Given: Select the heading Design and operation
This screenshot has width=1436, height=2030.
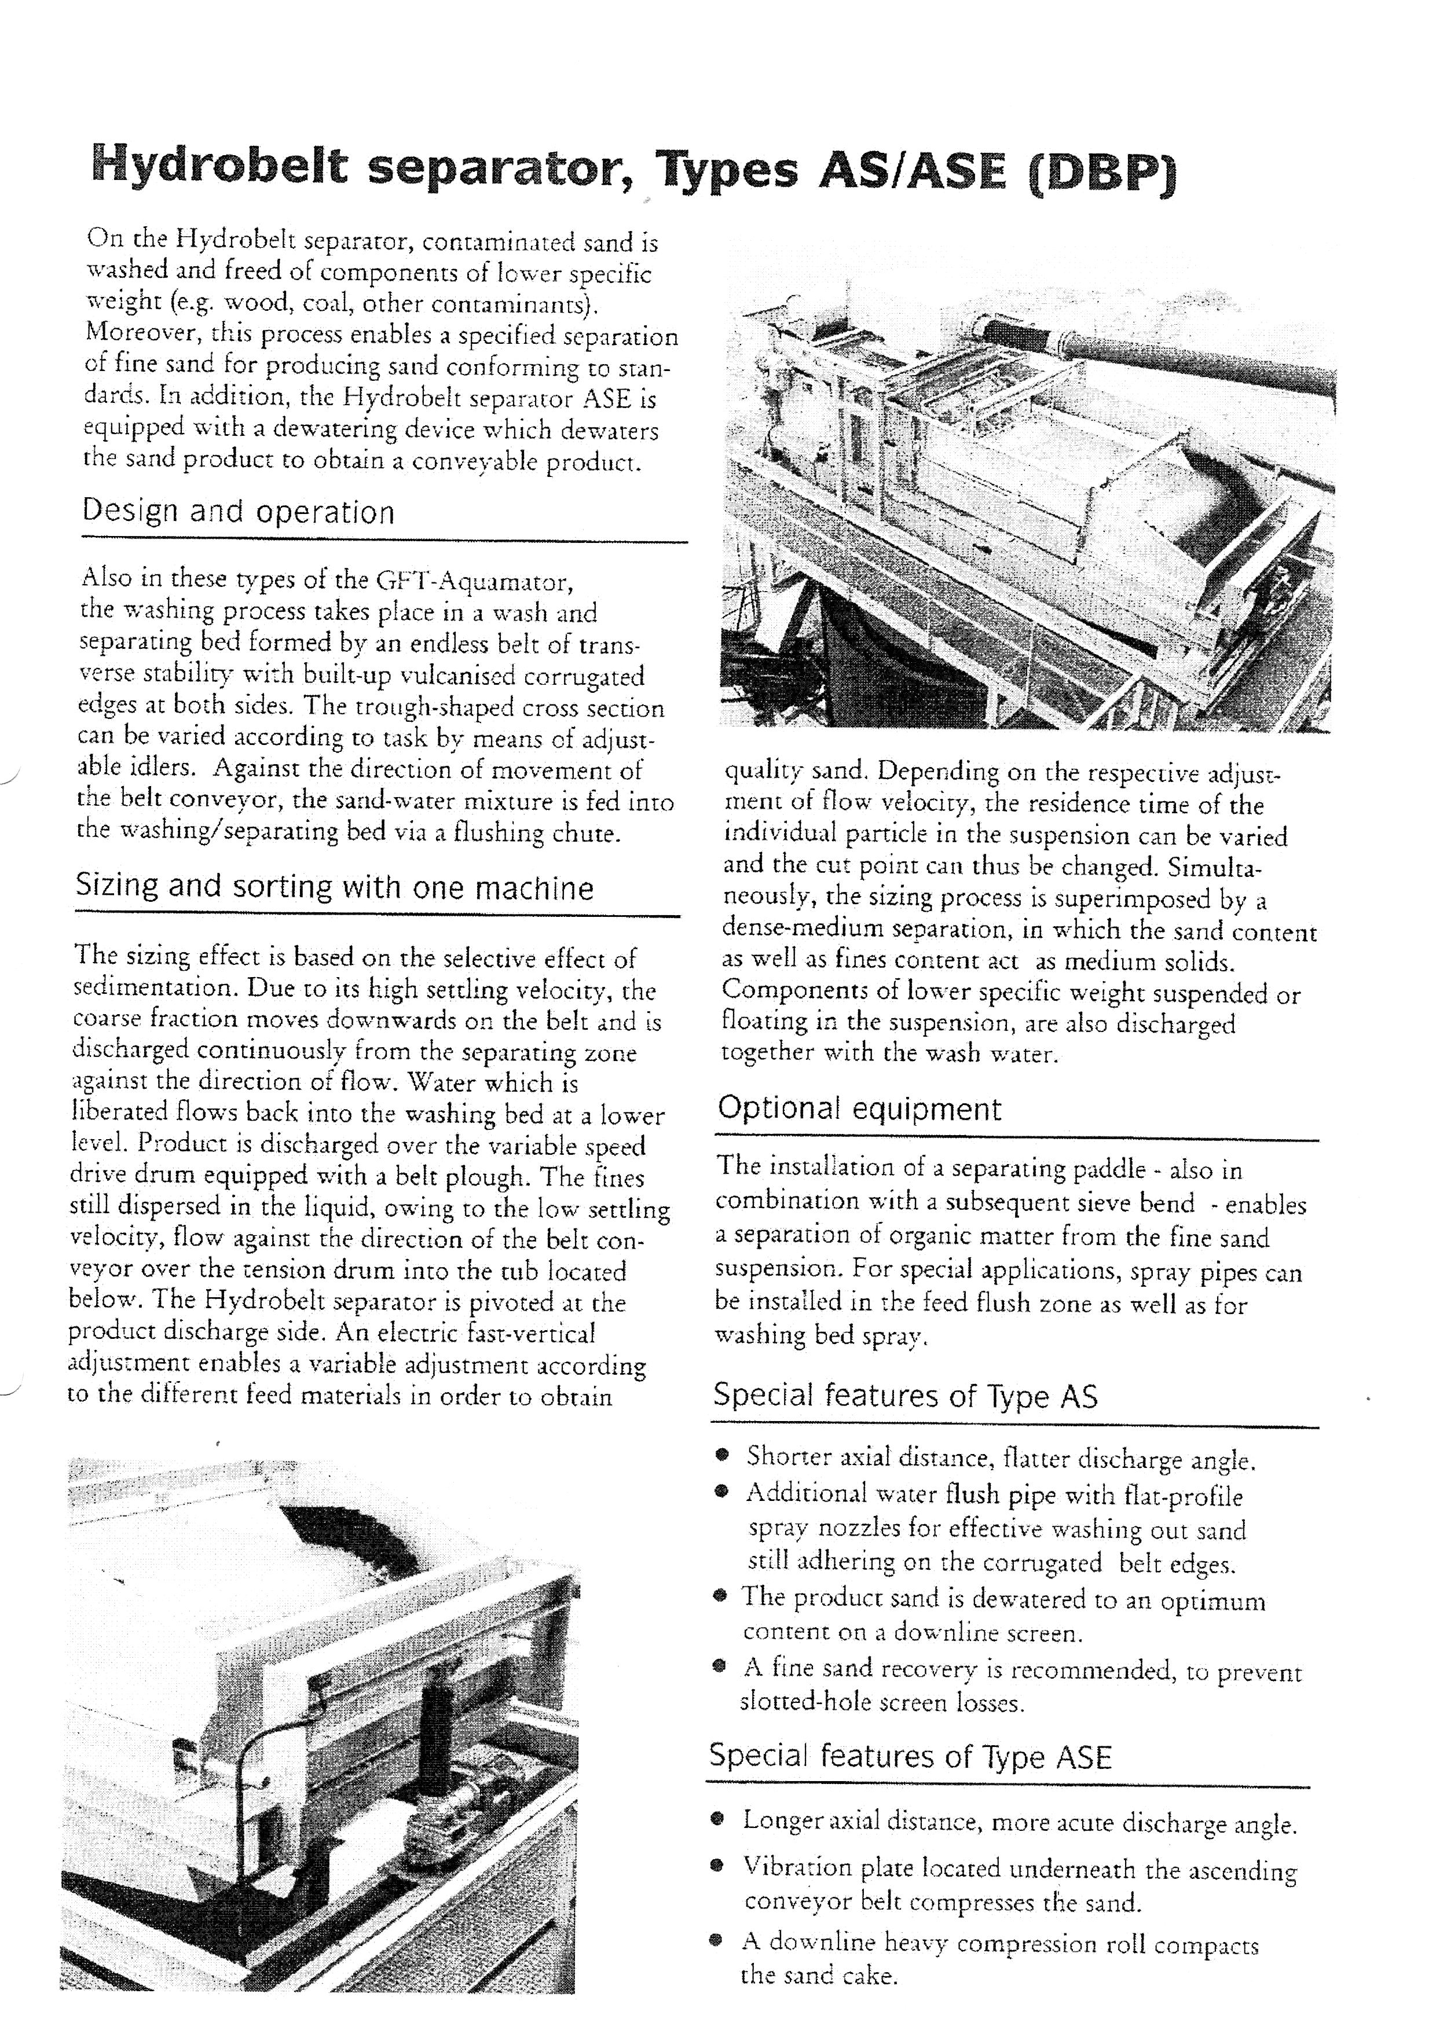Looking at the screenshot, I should [238, 512].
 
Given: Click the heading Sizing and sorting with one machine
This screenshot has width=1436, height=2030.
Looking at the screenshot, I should [334, 887].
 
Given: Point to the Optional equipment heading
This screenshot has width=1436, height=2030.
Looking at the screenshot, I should [859, 1108].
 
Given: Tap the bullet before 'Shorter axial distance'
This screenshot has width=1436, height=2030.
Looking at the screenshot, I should [724, 1453].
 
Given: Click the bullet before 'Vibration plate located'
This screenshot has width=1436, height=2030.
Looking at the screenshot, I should [721, 1867].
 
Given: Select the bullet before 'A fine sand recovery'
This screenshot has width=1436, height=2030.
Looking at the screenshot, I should [721, 1666].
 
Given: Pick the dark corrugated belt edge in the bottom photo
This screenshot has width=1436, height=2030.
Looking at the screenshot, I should [349, 1534].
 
